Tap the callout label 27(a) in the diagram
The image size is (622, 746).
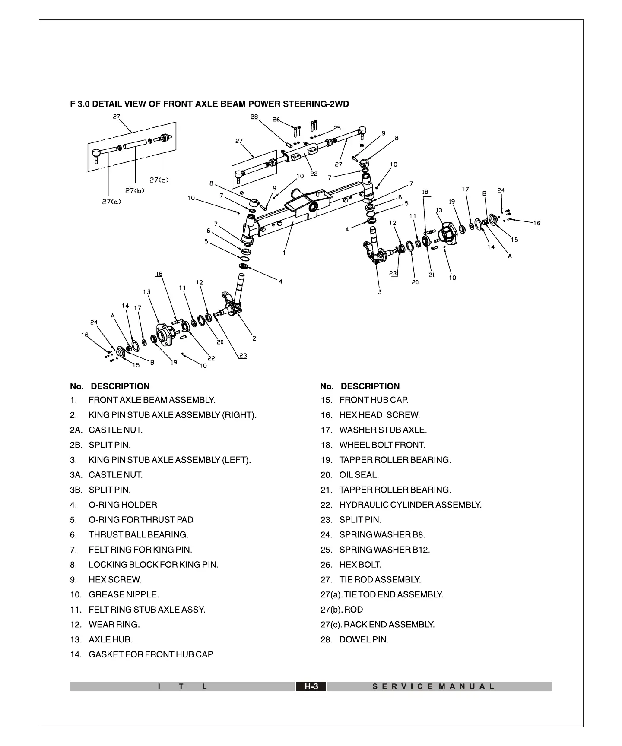(x=111, y=202)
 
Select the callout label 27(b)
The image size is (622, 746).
(x=135, y=190)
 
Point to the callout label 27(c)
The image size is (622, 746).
(x=159, y=180)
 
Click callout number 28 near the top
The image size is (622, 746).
(x=254, y=117)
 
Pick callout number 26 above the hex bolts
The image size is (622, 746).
(x=276, y=120)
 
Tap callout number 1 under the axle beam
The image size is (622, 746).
(x=284, y=253)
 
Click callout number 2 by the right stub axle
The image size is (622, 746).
(x=254, y=338)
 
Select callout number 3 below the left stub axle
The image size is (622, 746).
(x=380, y=292)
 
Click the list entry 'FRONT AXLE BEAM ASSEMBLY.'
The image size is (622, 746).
(x=152, y=400)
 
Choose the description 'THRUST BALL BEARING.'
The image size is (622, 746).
(x=138, y=535)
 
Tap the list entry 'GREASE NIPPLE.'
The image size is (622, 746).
(x=124, y=595)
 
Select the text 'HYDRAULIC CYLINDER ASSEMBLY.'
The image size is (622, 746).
(x=410, y=505)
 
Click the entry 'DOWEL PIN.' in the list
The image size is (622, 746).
(x=364, y=640)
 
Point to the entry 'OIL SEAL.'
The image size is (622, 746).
(x=359, y=475)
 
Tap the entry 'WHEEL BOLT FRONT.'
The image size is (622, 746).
(x=382, y=445)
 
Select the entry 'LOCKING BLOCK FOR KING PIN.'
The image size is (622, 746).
(x=153, y=565)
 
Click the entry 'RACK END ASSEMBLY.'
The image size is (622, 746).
(x=389, y=625)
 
